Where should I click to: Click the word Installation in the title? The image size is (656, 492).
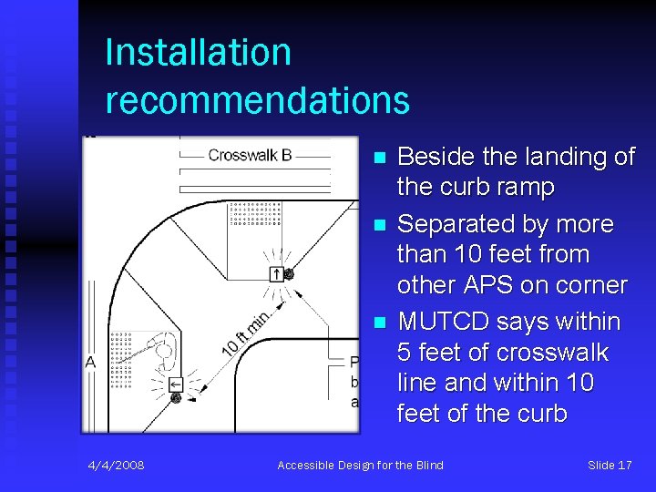click(198, 52)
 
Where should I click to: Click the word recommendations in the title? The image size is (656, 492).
click(257, 99)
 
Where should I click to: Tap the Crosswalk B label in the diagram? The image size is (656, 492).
click(250, 155)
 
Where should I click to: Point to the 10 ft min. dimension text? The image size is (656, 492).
click(243, 333)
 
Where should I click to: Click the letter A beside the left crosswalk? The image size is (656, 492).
click(91, 362)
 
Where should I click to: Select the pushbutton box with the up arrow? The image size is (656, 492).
click(276, 273)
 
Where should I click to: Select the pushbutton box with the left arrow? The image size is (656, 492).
click(176, 384)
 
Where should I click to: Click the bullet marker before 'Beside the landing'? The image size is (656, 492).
click(380, 158)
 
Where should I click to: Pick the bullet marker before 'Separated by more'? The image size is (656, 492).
click(380, 224)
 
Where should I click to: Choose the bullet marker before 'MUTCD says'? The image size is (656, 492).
click(380, 323)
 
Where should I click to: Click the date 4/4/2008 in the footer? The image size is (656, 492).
click(117, 466)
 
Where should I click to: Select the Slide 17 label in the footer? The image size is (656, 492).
click(610, 466)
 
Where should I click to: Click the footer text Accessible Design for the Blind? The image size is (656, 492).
click(360, 466)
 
